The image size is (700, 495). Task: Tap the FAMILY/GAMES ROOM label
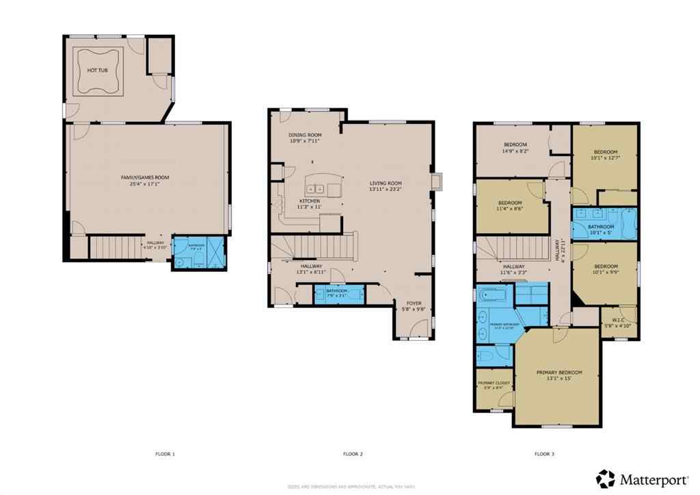tap(145, 177)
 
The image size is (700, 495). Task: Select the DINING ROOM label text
tap(305, 135)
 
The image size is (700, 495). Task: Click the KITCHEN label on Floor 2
tap(309, 201)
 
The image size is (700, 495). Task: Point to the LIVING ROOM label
tap(386, 183)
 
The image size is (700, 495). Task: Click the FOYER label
tap(414, 303)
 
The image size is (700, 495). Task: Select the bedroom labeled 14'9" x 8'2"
tap(515, 144)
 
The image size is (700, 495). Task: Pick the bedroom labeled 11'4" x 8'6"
tap(510, 203)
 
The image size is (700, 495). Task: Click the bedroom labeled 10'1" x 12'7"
tap(605, 152)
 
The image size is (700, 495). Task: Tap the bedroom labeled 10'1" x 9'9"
tap(605, 266)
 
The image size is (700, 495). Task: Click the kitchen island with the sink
tap(323, 188)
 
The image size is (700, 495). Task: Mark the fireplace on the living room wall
tap(438, 180)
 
